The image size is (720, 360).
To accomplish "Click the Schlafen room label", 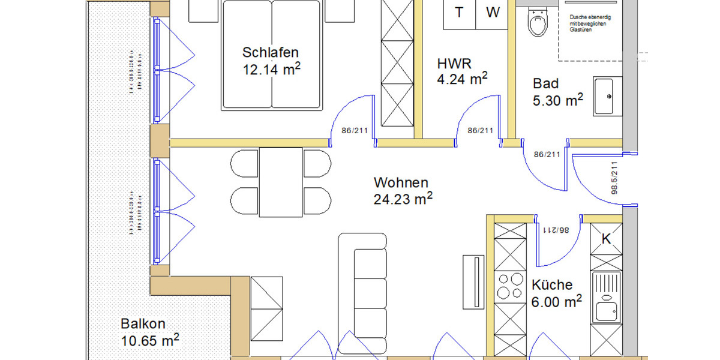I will pos(270,52).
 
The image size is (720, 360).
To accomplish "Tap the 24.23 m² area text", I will pos(403,199).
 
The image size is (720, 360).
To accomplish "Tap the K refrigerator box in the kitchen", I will pos(606,238).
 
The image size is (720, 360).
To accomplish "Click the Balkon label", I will pos(143,323).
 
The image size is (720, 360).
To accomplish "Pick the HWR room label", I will pos(455,62).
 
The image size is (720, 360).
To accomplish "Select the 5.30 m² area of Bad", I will pos(558,101).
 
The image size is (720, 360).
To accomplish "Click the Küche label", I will pos(552,285).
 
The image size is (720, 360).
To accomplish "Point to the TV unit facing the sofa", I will pos(473,281).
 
